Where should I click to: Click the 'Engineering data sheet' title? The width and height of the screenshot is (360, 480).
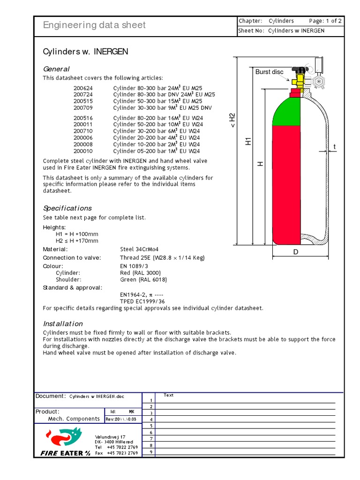pos(94,25)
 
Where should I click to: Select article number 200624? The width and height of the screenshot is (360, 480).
pos(83,88)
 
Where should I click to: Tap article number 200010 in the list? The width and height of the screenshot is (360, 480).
pos(83,151)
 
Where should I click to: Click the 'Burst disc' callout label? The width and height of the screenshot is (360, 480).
pos(269,72)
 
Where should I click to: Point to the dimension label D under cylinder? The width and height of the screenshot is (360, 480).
pos(296,252)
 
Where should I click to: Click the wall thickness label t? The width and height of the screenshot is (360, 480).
pos(335,147)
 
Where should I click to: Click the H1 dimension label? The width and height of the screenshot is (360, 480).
pos(249,141)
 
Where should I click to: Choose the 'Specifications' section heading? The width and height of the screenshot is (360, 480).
pos(67,208)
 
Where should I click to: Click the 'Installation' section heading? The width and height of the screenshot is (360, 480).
pos(63,323)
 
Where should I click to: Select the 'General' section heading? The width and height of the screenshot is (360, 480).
pos(56,69)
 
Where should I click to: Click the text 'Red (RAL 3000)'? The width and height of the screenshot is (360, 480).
pos(141,272)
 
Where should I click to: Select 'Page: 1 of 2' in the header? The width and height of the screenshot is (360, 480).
pos(325,21)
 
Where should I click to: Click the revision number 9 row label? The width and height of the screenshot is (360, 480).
pos(151,452)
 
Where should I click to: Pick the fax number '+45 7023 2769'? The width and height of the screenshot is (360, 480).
pos(122,453)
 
